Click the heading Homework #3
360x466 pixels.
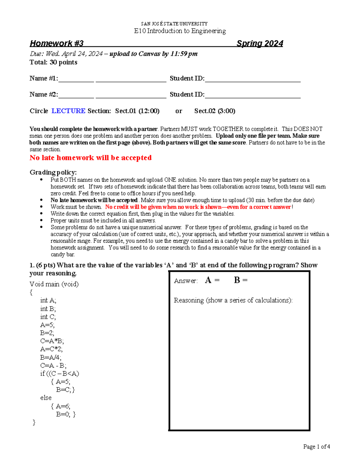[56, 44]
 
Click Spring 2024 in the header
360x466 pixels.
[259, 44]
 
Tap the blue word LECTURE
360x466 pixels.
[68, 111]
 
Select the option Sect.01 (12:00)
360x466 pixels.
[137, 111]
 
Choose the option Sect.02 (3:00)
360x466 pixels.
[214, 111]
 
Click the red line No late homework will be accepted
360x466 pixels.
[90, 158]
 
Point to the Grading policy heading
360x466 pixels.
[53, 172]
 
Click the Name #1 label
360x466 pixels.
[43, 78]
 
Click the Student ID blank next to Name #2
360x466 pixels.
[253, 95]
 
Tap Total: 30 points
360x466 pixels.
[53, 62]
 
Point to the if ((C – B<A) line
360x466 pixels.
[60, 374]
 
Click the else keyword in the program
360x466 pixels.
[46, 398]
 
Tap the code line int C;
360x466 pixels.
[48, 317]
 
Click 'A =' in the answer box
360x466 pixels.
[212, 280]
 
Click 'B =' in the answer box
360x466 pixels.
[241, 280]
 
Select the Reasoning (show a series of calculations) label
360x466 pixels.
[233, 300]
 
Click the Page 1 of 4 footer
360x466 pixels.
[316, 447]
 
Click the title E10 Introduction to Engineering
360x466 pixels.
[180, 31]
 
